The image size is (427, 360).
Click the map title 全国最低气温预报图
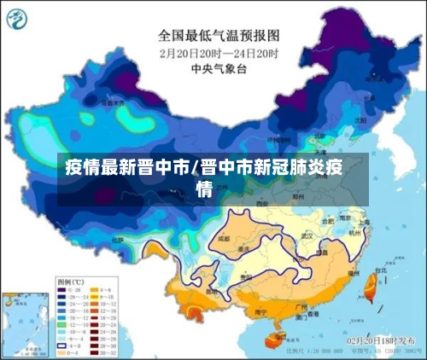pos(219,36)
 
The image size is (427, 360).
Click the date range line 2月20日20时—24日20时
pos(219,52)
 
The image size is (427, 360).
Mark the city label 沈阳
pos(361,120)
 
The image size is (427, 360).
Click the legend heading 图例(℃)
pos(69,281)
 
